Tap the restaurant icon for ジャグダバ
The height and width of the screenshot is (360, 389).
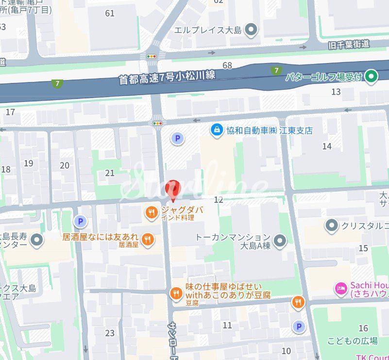point(152,212)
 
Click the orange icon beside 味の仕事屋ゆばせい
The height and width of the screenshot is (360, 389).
point(176,292)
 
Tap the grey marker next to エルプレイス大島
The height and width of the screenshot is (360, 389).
point(251,31)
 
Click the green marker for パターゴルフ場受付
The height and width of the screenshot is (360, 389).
point(372,76)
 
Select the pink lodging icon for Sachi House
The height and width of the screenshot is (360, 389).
point(341,289)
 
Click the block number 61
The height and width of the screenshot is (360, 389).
point(110,13)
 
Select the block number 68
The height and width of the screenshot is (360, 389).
point(227,65)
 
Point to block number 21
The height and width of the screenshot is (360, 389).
point(110,173)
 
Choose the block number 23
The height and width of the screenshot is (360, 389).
point(110,333)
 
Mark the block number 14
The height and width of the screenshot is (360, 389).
point(327,146)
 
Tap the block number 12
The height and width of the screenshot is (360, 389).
point(218,200)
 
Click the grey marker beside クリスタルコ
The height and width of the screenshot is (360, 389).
point(332,225)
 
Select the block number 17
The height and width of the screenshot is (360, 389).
point(10,113)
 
